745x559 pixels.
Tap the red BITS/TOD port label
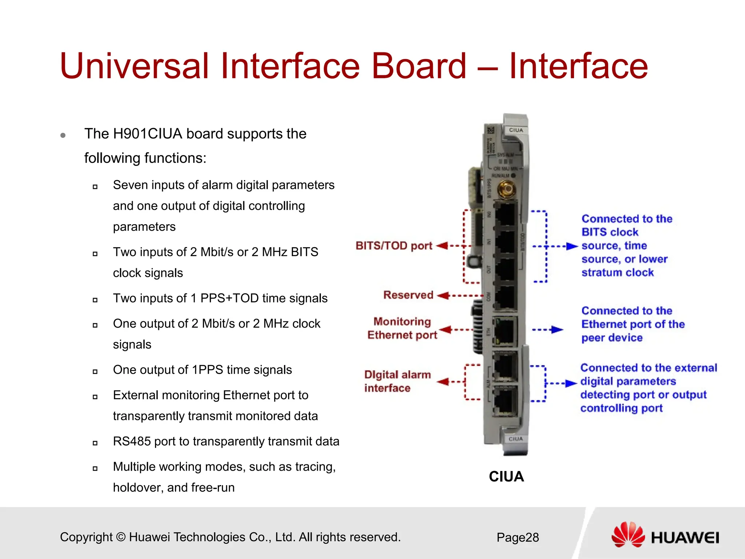click(x=394, y=246)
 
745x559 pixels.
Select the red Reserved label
click(x=408, y=295)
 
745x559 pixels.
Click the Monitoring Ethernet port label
click(x=402, y=328)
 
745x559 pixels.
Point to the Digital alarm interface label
click(x=397, y=381)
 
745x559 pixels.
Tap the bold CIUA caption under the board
click(x=506, y=477)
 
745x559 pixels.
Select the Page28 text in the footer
click(x=518, y=538)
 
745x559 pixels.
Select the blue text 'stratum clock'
click(x=617, y=273)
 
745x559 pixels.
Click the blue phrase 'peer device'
click(x=612, y=338)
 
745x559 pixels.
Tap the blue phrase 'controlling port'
click(x=621, y=408)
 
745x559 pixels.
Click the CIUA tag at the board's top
click(x=516, y=130)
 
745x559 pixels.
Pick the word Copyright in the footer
click(x=86, y=537)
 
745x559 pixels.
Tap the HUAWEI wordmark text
click(x=685, y=538)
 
